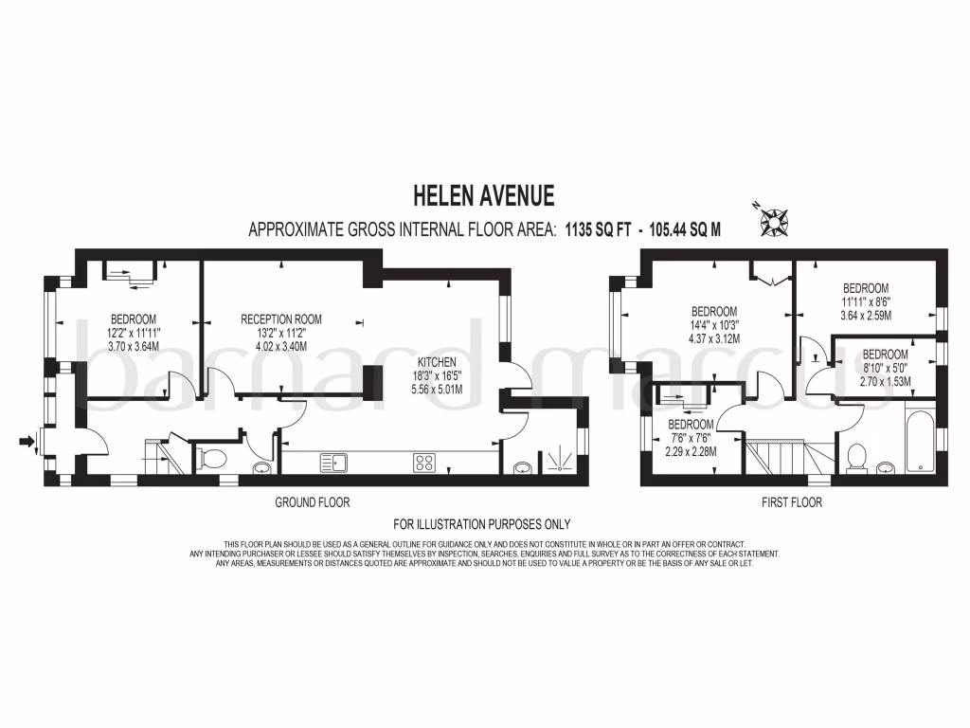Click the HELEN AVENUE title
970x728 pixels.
pyautogui.click(x=484, y=196)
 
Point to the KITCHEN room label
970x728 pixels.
pyautogui.click(x=439, y=362)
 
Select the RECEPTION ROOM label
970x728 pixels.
pyautogui.click(x=281, y=318)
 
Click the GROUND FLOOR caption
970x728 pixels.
pyautogui.click(x=312, y=501)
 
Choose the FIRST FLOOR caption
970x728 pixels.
pyautogui.click(x=792, y=501)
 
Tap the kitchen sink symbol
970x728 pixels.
pyautogui.click(x=333, y=463)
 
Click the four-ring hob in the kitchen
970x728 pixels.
pyautogui.click(x=423, y=463)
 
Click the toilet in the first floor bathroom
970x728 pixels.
pyautogui.click(x=857, y=456)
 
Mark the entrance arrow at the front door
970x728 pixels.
pyautogui.click(x=27, y=440)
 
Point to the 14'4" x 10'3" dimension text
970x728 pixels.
pyautogui.click(x=714, y=325)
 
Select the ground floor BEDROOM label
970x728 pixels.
pyautogui.click(x=134, y=318)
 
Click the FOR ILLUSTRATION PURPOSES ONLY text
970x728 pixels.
pyautogui.click(x=482, y=523)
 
